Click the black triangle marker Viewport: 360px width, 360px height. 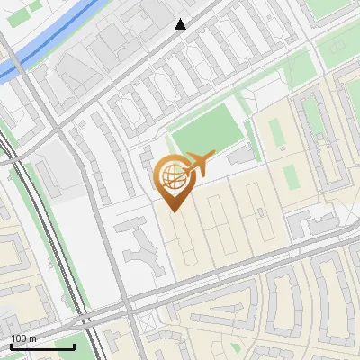point(181,24)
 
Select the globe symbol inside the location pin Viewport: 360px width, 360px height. point(172,175)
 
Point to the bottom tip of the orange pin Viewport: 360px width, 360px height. point(173,211)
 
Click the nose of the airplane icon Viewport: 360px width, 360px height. point(214,154)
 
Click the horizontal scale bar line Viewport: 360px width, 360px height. point(42,346)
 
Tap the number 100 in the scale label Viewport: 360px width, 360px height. point(21,338)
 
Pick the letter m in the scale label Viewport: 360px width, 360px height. point(33,338)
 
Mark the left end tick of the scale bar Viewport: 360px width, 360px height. point(11,345)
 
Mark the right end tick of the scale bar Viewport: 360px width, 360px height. point(75,345)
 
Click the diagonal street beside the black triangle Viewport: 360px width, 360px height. point(193,31)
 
